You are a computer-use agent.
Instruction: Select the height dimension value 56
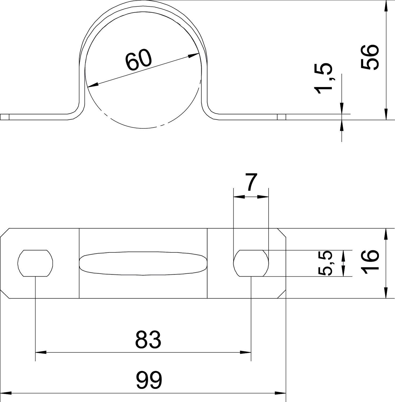point(370,57)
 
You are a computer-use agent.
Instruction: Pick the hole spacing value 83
point(148,339)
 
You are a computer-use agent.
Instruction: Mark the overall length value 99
point(149,380)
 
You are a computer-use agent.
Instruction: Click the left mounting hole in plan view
point(35,263)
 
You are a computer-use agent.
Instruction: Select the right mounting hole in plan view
point(251,263)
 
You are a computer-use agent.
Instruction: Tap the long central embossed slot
point(143,263)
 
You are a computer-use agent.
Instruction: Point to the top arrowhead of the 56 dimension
point(386,5)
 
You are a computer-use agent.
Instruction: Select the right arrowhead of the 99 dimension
point(281,393)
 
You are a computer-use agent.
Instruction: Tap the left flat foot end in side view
point(5,117)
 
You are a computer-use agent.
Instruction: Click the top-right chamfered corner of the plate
point(282,233)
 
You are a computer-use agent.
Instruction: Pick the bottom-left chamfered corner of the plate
point(5,294)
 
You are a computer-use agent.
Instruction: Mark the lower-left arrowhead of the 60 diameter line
point(93,85)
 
